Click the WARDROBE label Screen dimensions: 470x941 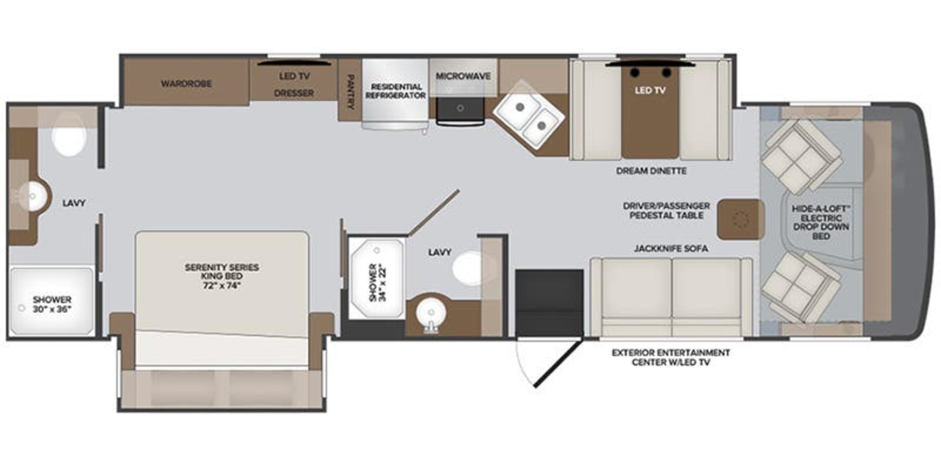click(186, 83)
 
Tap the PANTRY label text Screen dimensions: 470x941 click(350, 92)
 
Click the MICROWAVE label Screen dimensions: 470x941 click(463, 76)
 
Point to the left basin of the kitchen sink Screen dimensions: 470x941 click(520, 107)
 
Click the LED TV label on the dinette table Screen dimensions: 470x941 click(650, 90)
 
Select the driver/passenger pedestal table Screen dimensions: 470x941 click(741, 219)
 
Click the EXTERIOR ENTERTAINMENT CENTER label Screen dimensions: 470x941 click(671, 357)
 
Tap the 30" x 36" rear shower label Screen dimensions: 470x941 click(52, 309)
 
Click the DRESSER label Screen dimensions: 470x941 click(294, 93)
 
